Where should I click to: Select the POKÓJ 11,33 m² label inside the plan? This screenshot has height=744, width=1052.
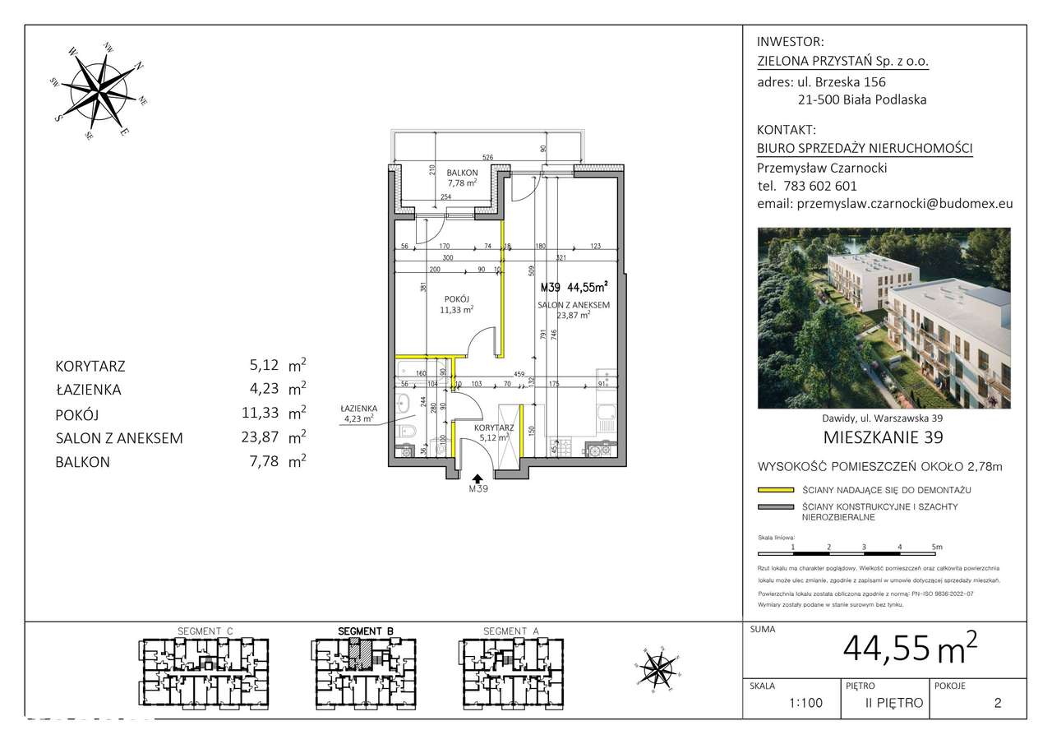pos(457,304)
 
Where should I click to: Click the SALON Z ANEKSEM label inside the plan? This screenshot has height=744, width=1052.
pos(573,309)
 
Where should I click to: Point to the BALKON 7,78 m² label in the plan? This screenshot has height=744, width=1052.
pos(461,178)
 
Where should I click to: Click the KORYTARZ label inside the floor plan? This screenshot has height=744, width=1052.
pos(494,432)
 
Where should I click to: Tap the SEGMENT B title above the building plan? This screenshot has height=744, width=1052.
pos(366,631)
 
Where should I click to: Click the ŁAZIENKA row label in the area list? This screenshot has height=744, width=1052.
pos(89,390)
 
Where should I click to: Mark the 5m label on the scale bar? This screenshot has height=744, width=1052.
pos(937,546)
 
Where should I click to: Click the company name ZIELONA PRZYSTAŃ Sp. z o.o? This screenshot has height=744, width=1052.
pos(842,61)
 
